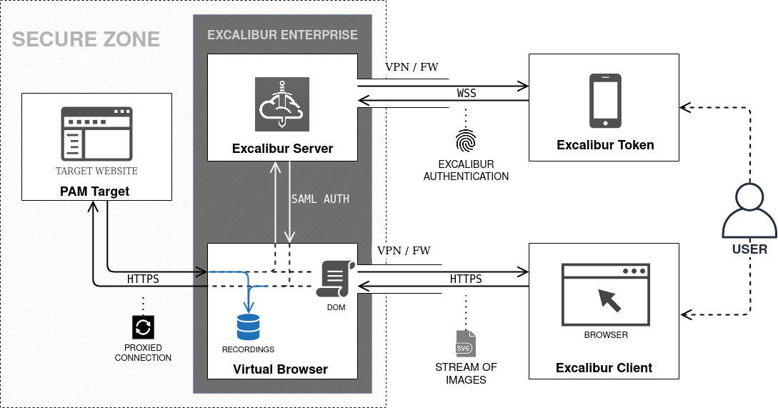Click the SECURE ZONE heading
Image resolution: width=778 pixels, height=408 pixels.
pos(86,39)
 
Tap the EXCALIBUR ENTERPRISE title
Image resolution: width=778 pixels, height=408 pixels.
pos(282,34)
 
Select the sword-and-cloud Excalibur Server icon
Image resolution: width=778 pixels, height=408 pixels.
pos(282,104)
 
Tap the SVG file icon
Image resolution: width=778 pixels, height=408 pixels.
pos(466,344)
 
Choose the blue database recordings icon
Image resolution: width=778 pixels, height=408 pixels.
pos(249,327)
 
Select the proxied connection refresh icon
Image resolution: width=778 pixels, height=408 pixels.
pos(143,328)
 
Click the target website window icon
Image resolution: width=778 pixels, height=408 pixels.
pos(96,134)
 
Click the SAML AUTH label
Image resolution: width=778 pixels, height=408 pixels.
pos(320,199)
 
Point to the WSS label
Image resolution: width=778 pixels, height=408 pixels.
pos(467,94)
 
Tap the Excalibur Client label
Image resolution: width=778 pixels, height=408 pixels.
pos(604,368)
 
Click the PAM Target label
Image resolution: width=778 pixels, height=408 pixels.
pos(96,192)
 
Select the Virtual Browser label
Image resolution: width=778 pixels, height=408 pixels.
pos(281,369)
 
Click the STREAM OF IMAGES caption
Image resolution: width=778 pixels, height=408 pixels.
pos(466,374)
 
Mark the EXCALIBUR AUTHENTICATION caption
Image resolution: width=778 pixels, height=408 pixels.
pos(466,170)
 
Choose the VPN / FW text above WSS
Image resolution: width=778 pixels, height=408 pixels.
pos(412,68)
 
